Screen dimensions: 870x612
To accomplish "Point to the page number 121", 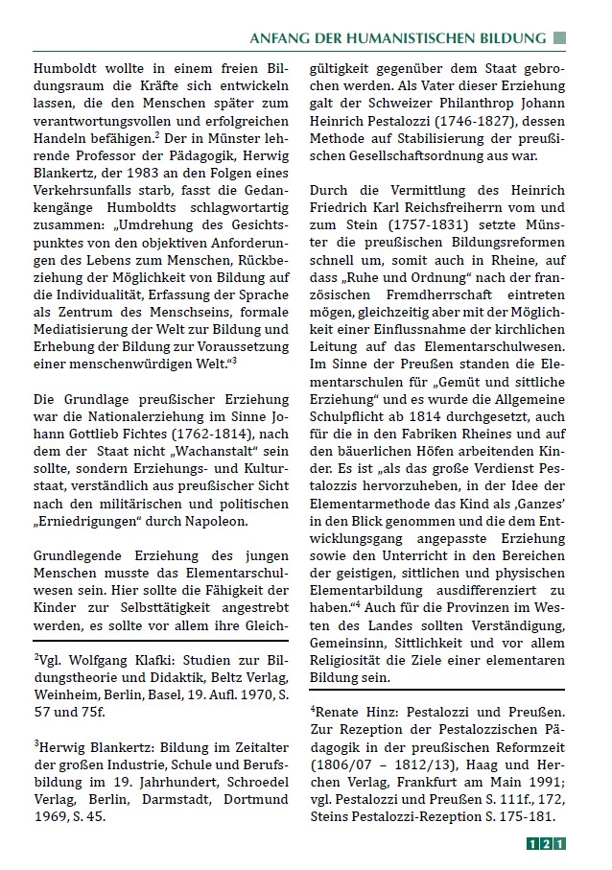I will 546,844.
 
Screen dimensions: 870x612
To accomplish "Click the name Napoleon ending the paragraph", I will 220,522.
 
